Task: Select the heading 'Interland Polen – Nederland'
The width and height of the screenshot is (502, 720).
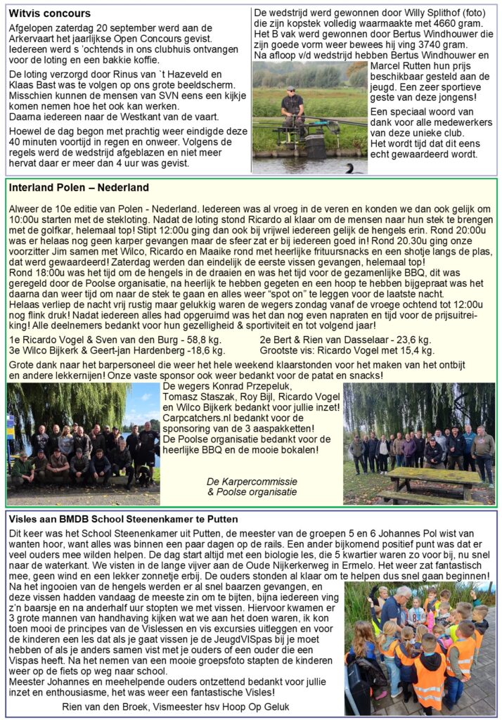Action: click(79, 188)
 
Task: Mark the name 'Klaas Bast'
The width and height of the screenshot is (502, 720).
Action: click(33, 84)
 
